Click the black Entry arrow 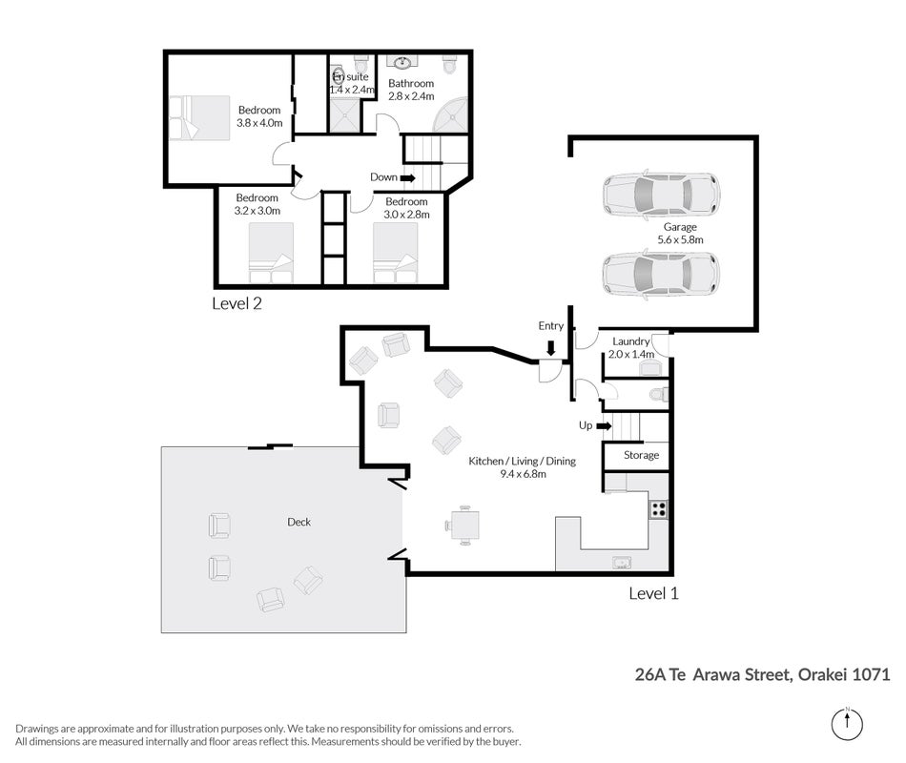pos(550,347)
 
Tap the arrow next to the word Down pos(408,178)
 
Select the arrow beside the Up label pos(604,426)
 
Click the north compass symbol pos(847,724)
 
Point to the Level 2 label pos(237,303)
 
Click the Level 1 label pos(653,593)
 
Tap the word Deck pos(299,522)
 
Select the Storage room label pos(642,456)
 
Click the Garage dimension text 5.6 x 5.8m pos(680,240)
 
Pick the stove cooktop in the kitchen pos(659,509)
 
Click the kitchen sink pos(622,563)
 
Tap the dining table pos(465,526)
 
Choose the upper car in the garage pos(662,195)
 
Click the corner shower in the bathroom pos(451,116)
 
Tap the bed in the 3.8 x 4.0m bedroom pos(199,118)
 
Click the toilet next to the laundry pos(659,395)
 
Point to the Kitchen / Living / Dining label pos(522,462)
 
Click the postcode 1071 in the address pos(871,674)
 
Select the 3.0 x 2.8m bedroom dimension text pos(407,215)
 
